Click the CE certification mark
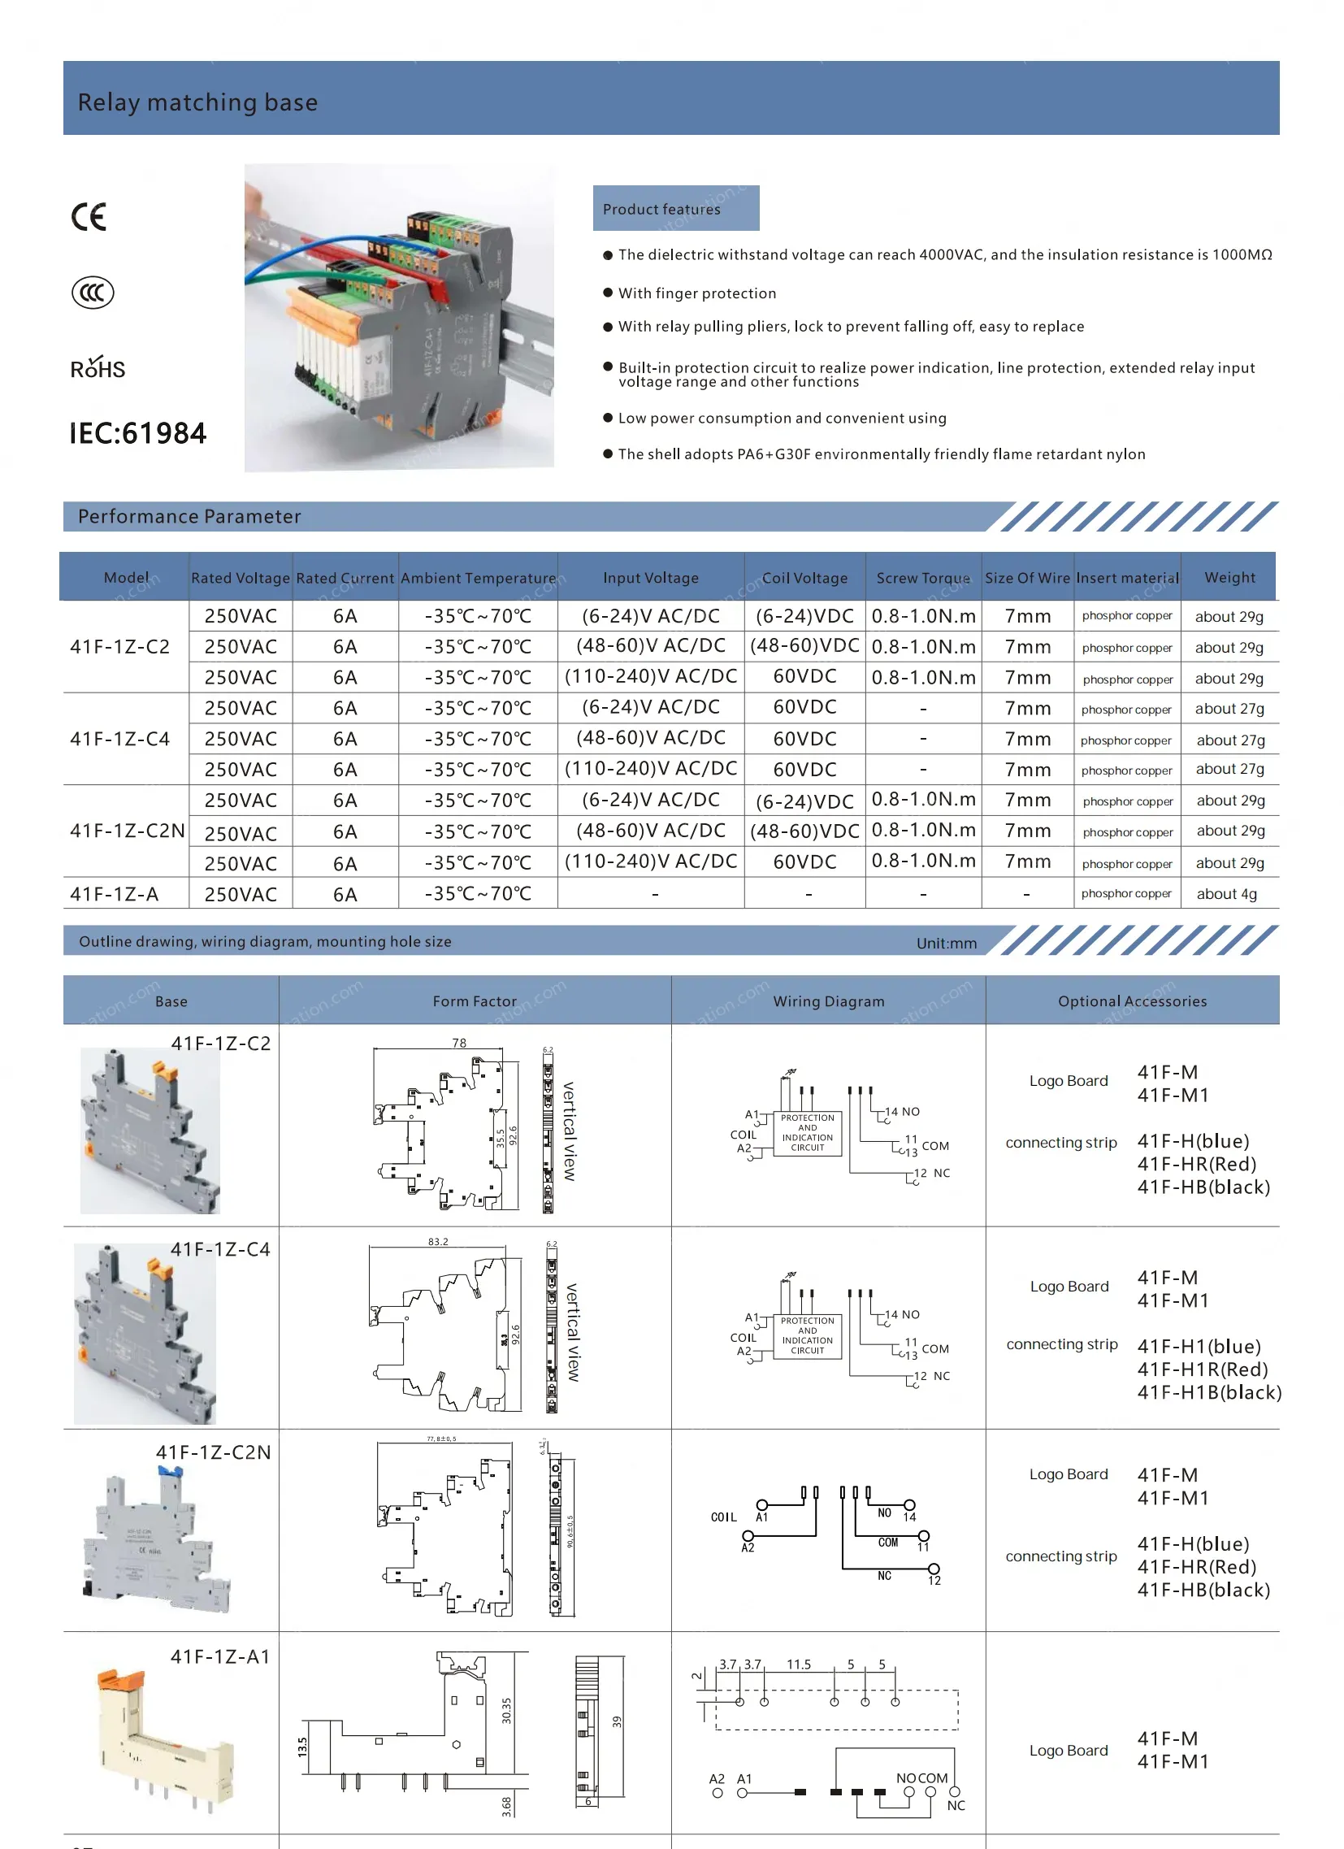pos(89,217)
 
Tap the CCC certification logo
pos(93,293)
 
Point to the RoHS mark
pos(98,368)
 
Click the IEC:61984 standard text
pos(138,434)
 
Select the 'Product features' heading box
pos(676,209)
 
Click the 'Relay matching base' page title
pos(198,102)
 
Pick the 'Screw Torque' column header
pos(922,578)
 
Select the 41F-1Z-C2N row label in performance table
pos(127,831)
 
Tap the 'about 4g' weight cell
pos(1226,894)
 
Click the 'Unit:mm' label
pos(946,944)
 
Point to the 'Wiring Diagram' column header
pos(828,1001)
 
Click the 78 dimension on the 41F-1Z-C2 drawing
pos(459,1043)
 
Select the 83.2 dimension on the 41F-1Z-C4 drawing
pos(438,1242)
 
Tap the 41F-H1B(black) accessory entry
pos(1208,1392)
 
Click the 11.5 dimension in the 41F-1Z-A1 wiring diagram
pos(798,1665)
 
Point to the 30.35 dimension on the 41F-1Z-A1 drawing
pos(506,1710)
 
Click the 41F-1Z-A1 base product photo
pos(163,1737)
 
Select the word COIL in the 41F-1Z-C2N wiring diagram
pos(723,1517)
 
